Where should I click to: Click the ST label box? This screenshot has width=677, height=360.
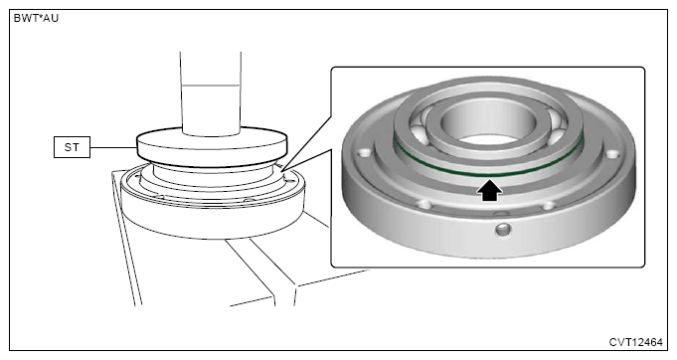73,147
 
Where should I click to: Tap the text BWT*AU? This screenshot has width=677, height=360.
36,18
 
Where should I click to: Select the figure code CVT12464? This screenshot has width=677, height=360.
635,342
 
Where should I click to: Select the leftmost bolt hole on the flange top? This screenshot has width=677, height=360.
365,153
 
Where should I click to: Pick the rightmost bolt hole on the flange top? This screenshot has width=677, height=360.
612,154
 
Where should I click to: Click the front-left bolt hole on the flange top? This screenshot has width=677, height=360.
424,203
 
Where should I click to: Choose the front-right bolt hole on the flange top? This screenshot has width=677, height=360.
548,205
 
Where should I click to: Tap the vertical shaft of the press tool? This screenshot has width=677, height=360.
211,93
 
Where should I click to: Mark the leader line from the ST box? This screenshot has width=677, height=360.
114,147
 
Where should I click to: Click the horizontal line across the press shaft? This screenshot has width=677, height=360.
211,86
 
